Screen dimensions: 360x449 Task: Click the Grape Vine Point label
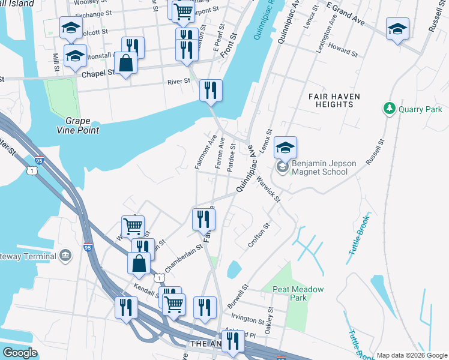point(77,125)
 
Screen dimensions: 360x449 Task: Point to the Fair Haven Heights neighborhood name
point(330,100)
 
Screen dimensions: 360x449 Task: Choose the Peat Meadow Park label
point(298,293)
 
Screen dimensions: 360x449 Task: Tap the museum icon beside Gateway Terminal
point(65,256)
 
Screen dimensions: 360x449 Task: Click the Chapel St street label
point(98,73)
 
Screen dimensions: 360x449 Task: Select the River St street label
point(178,82)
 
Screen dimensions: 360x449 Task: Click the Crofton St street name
point(260,236)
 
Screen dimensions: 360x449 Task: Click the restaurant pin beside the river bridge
point(211,90)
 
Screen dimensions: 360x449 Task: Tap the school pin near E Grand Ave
point(397,29)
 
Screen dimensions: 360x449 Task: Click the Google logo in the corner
point(20,353)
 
